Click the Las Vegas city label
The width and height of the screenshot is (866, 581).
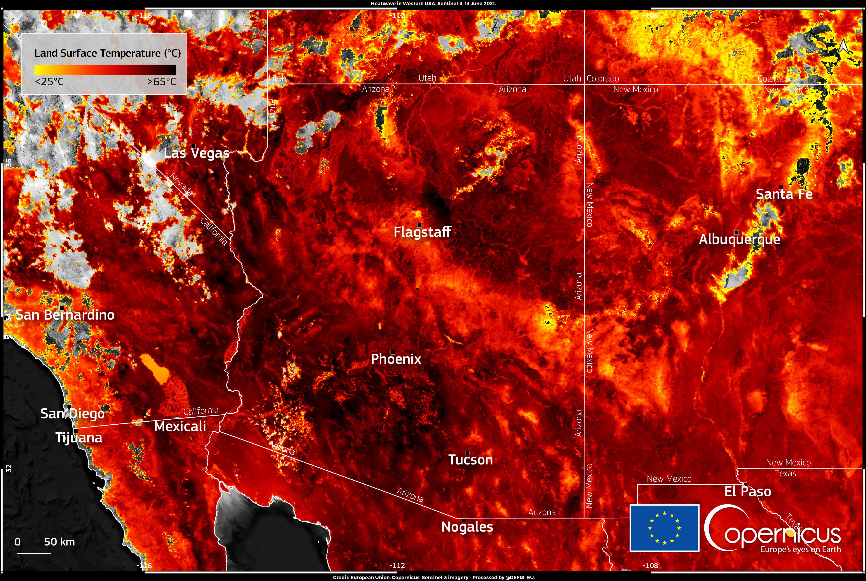[x=196, y=153]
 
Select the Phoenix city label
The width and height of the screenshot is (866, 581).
[x=396, y=359]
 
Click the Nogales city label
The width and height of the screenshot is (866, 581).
[x=467, y=526]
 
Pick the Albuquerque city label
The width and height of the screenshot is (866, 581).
[x=739, y=239]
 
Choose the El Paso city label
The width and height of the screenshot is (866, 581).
[x=747, y=491]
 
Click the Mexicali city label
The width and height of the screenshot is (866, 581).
[x=180, y=426]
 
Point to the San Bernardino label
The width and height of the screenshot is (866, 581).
[x=65, y=315]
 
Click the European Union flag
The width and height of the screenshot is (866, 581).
[x=665, y=528]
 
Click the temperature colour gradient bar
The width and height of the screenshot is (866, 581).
[x=105, y=70]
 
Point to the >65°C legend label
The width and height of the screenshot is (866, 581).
[x=162, y=81]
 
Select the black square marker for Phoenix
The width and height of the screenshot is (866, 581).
[x=393, y=352]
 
